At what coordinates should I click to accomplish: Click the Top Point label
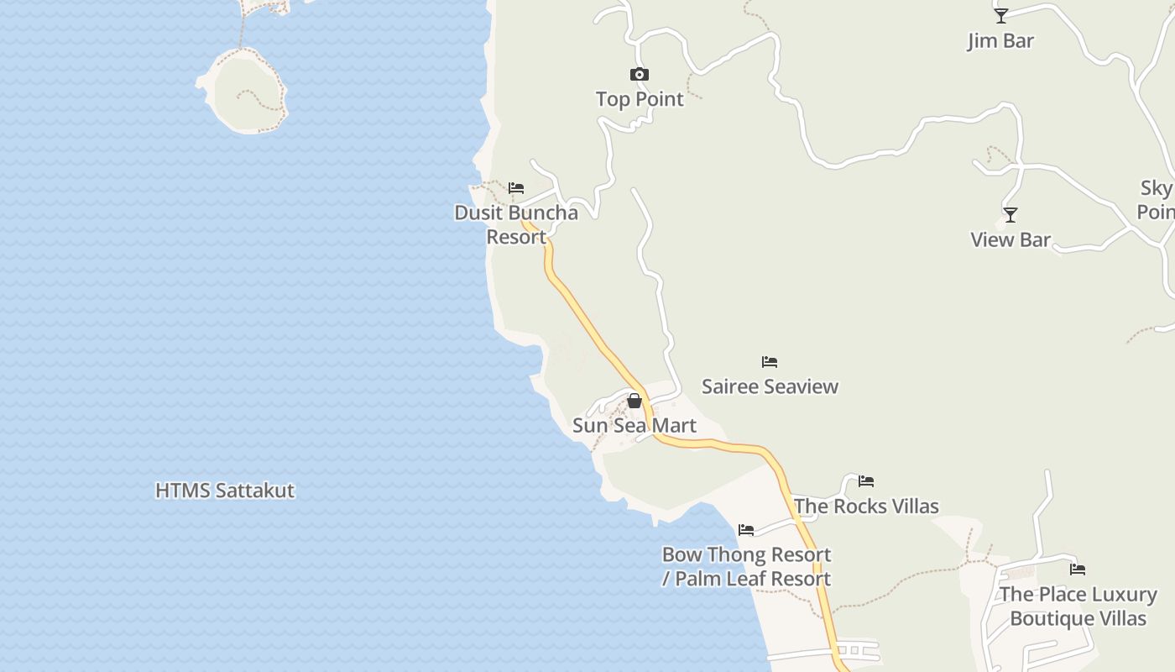(640, 99)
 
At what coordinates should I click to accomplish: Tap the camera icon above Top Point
(640, 75)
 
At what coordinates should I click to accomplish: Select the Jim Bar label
(1000, 40)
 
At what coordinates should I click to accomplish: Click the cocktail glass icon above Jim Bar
(1000, 16)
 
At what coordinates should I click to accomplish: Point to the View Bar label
(1010, 239)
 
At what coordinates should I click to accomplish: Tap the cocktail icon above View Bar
(1010, 215)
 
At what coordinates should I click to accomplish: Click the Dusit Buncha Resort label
(516, 224)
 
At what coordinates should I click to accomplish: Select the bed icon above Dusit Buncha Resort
(516, 188)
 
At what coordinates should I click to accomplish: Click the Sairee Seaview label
(770, 386)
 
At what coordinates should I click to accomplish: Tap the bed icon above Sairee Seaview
(770, 362)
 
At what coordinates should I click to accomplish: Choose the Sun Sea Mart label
(634, 425)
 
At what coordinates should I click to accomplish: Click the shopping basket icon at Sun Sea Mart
(634, 401)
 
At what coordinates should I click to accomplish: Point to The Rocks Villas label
(866, 506)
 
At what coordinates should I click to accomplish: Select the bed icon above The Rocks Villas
(866, 481)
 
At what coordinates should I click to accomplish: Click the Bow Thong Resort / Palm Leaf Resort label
(746, 566)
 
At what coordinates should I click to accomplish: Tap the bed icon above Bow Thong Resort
(746, 530)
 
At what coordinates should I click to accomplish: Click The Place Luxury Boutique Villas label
(1078, 606)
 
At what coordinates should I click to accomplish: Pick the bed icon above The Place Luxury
(1078, 570)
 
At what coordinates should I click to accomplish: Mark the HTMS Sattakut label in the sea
(225, 491)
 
